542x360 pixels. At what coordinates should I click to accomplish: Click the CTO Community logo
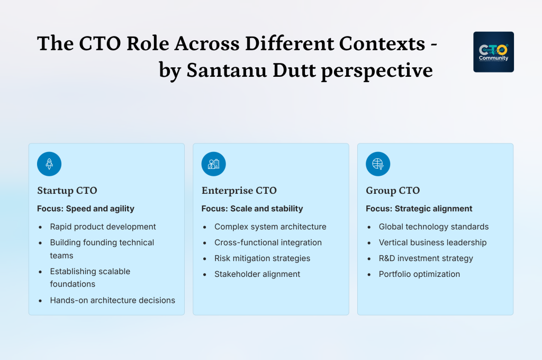coord(493,52)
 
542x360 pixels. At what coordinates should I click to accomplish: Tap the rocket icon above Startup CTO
coord(49,164)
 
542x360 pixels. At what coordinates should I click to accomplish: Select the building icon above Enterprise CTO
coord(213,164)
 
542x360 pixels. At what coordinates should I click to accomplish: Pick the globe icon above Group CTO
coord(378,164)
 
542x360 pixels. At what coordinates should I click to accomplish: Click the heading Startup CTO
coord(67,191)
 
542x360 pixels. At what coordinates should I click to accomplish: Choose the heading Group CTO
coord(392,191)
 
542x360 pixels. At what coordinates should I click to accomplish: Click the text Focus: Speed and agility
coord(86,209)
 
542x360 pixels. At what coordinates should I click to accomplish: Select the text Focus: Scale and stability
coord(252,209)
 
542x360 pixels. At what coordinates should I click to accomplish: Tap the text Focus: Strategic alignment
coord(419,209)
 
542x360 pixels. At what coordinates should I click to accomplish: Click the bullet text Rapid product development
coord(103,227)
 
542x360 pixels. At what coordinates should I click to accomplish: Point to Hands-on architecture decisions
coord(113,300)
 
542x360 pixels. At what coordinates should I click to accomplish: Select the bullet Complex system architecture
coord(270,227)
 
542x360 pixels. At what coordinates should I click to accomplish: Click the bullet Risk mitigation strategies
coord(263,258)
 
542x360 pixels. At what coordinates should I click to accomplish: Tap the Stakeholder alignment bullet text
coord(257,274)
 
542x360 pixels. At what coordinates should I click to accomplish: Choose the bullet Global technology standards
coord(434,227)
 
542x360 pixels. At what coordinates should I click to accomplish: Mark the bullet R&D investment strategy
coord(426,258)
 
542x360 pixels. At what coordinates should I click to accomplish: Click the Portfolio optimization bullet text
coord(420,274)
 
